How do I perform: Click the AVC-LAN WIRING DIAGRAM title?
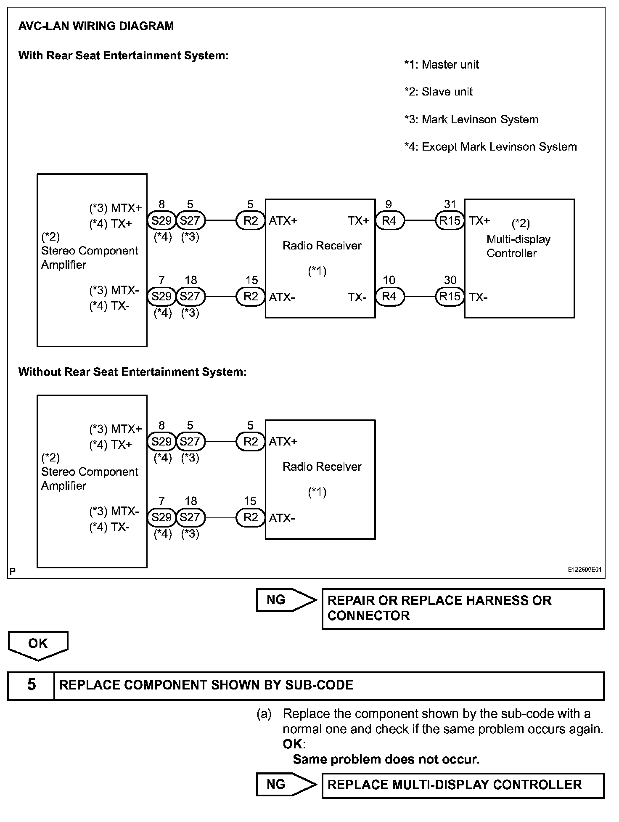click(x=96, y=26)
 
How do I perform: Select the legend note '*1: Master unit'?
click(x=442, y=64)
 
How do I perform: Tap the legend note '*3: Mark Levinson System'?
click(x=471, y=119)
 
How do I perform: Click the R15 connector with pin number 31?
click(x=450, y=220)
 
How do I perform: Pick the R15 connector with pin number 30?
click(x=450, y=297)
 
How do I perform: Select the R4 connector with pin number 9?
click(x=389, y=220)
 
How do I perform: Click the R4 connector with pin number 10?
click(x=389, y=297)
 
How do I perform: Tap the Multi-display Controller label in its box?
click(x=518, y=246)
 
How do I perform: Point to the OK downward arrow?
click(x=38, y=644)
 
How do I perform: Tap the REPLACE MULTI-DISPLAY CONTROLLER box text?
click(x=455, y=785)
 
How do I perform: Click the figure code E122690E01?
click(x=585, y=570)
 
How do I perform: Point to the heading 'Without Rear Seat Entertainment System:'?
click(x=132, y=372)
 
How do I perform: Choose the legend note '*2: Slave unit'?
click(x=438, y=92)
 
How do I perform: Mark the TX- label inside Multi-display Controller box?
click(x=478, y=297)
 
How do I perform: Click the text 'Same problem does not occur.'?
click(x=386, y=759)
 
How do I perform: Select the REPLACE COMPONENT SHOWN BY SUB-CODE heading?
click(x=206, y=685)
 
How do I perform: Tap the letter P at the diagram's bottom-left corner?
click(x=13, y=571)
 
